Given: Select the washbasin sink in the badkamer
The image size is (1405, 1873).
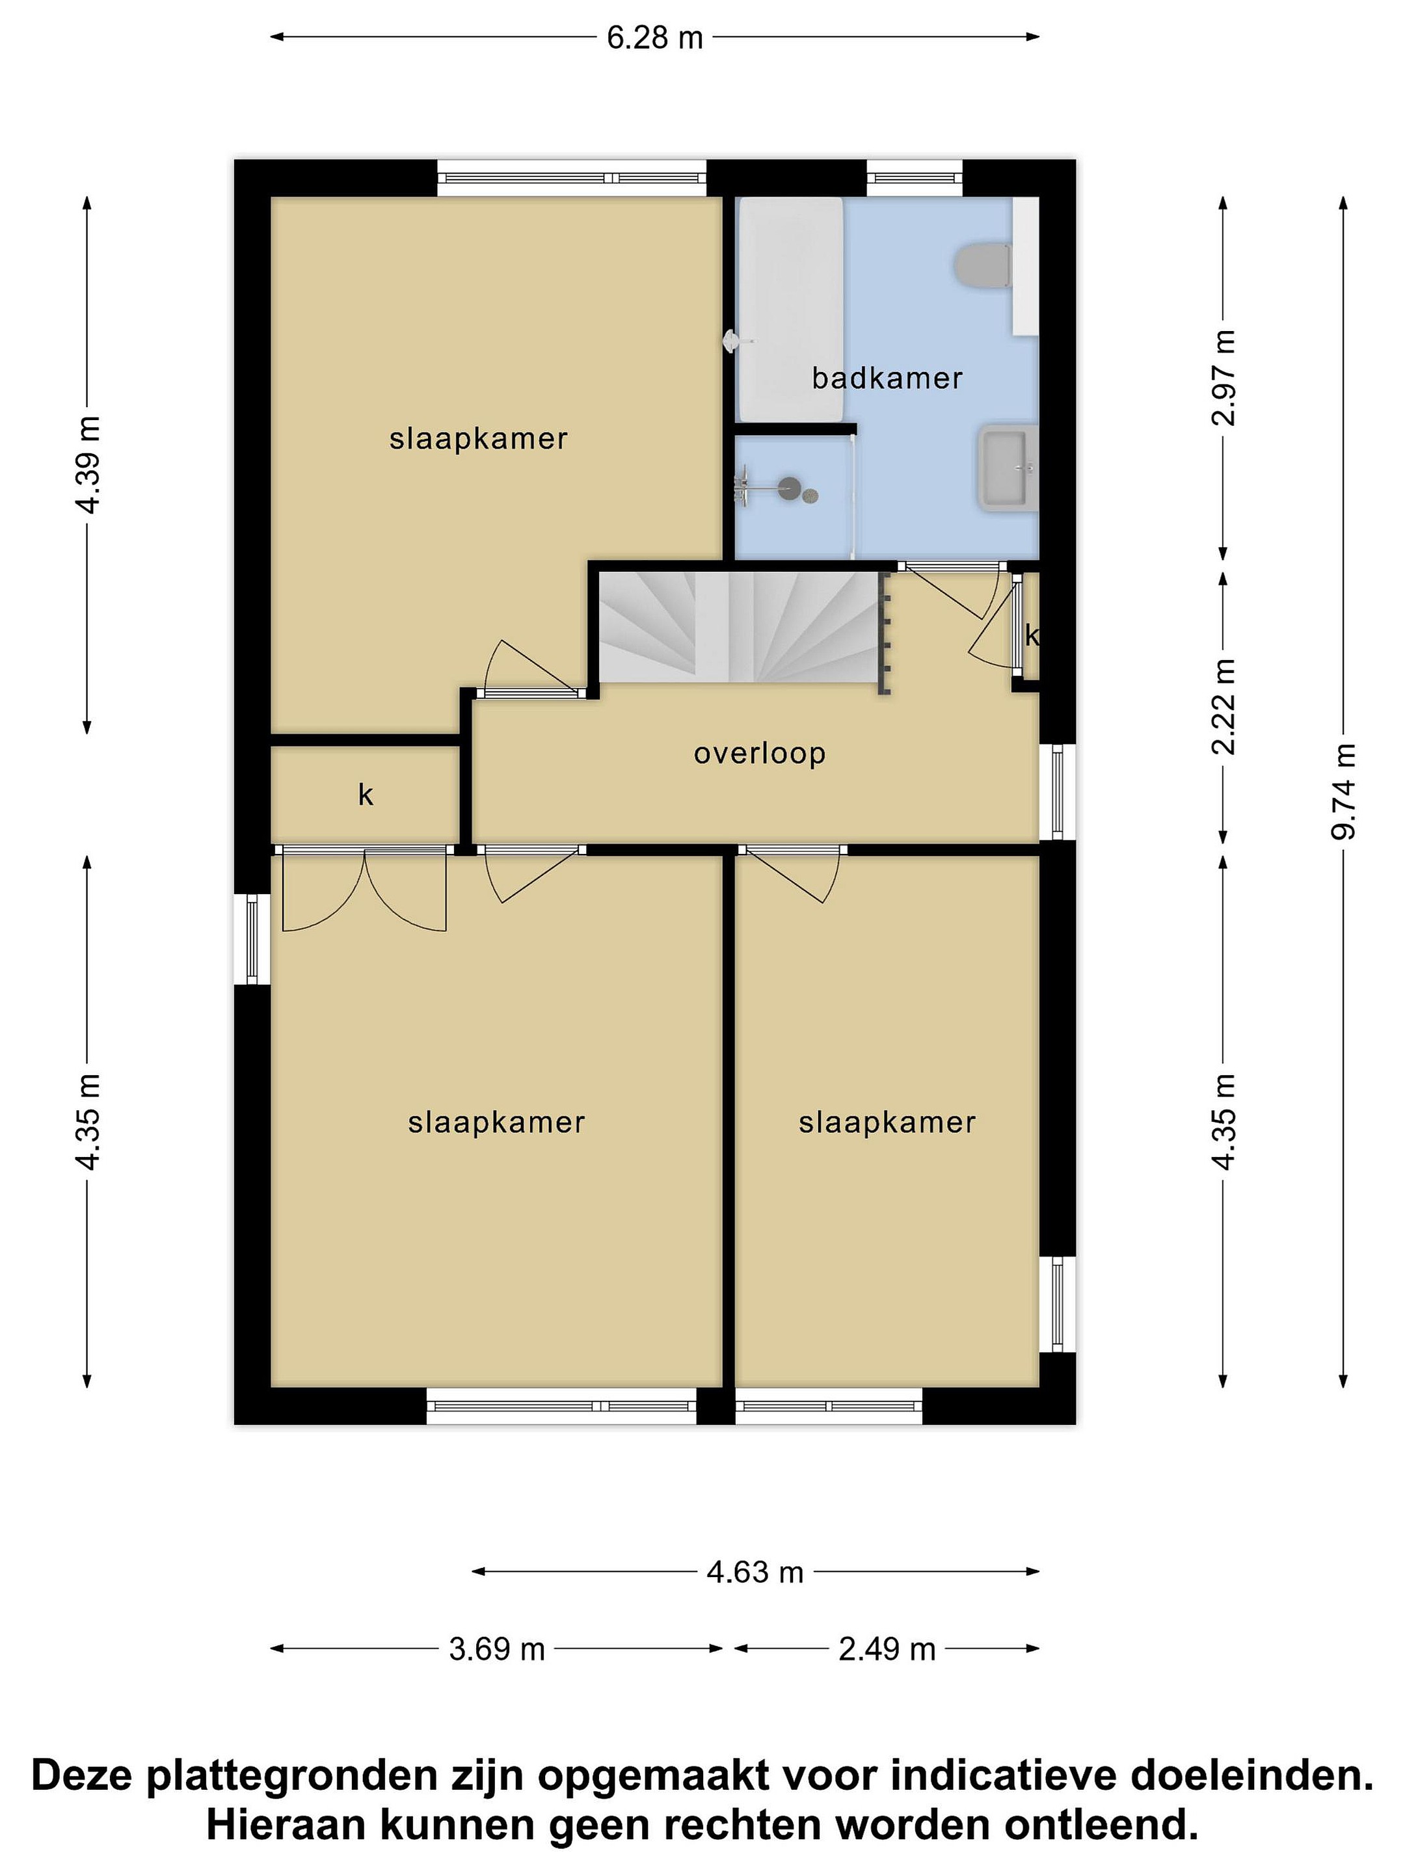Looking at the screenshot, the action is tap(1008, 468).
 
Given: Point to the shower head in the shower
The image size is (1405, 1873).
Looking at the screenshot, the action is tap(789, 487).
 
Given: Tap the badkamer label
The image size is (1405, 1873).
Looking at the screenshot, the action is tap(887, 378).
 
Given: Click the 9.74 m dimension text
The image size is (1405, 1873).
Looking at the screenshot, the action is tap(1343, 791).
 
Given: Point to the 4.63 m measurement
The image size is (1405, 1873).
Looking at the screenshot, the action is tap(755, 1573).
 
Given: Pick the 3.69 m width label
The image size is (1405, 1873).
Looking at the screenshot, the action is tap(496, 1649).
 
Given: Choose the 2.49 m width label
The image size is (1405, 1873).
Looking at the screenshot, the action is tap(887, 1649).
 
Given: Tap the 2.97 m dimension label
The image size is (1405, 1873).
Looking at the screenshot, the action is tap(1223, 378).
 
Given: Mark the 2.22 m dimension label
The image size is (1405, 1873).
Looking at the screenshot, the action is tap(1223, 706).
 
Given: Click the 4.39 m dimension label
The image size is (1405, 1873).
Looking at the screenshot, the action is tap(87, 465).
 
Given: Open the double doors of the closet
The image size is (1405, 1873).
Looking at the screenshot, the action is tap(364, 889).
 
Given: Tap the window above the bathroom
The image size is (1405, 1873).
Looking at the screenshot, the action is tap(915, 178).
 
